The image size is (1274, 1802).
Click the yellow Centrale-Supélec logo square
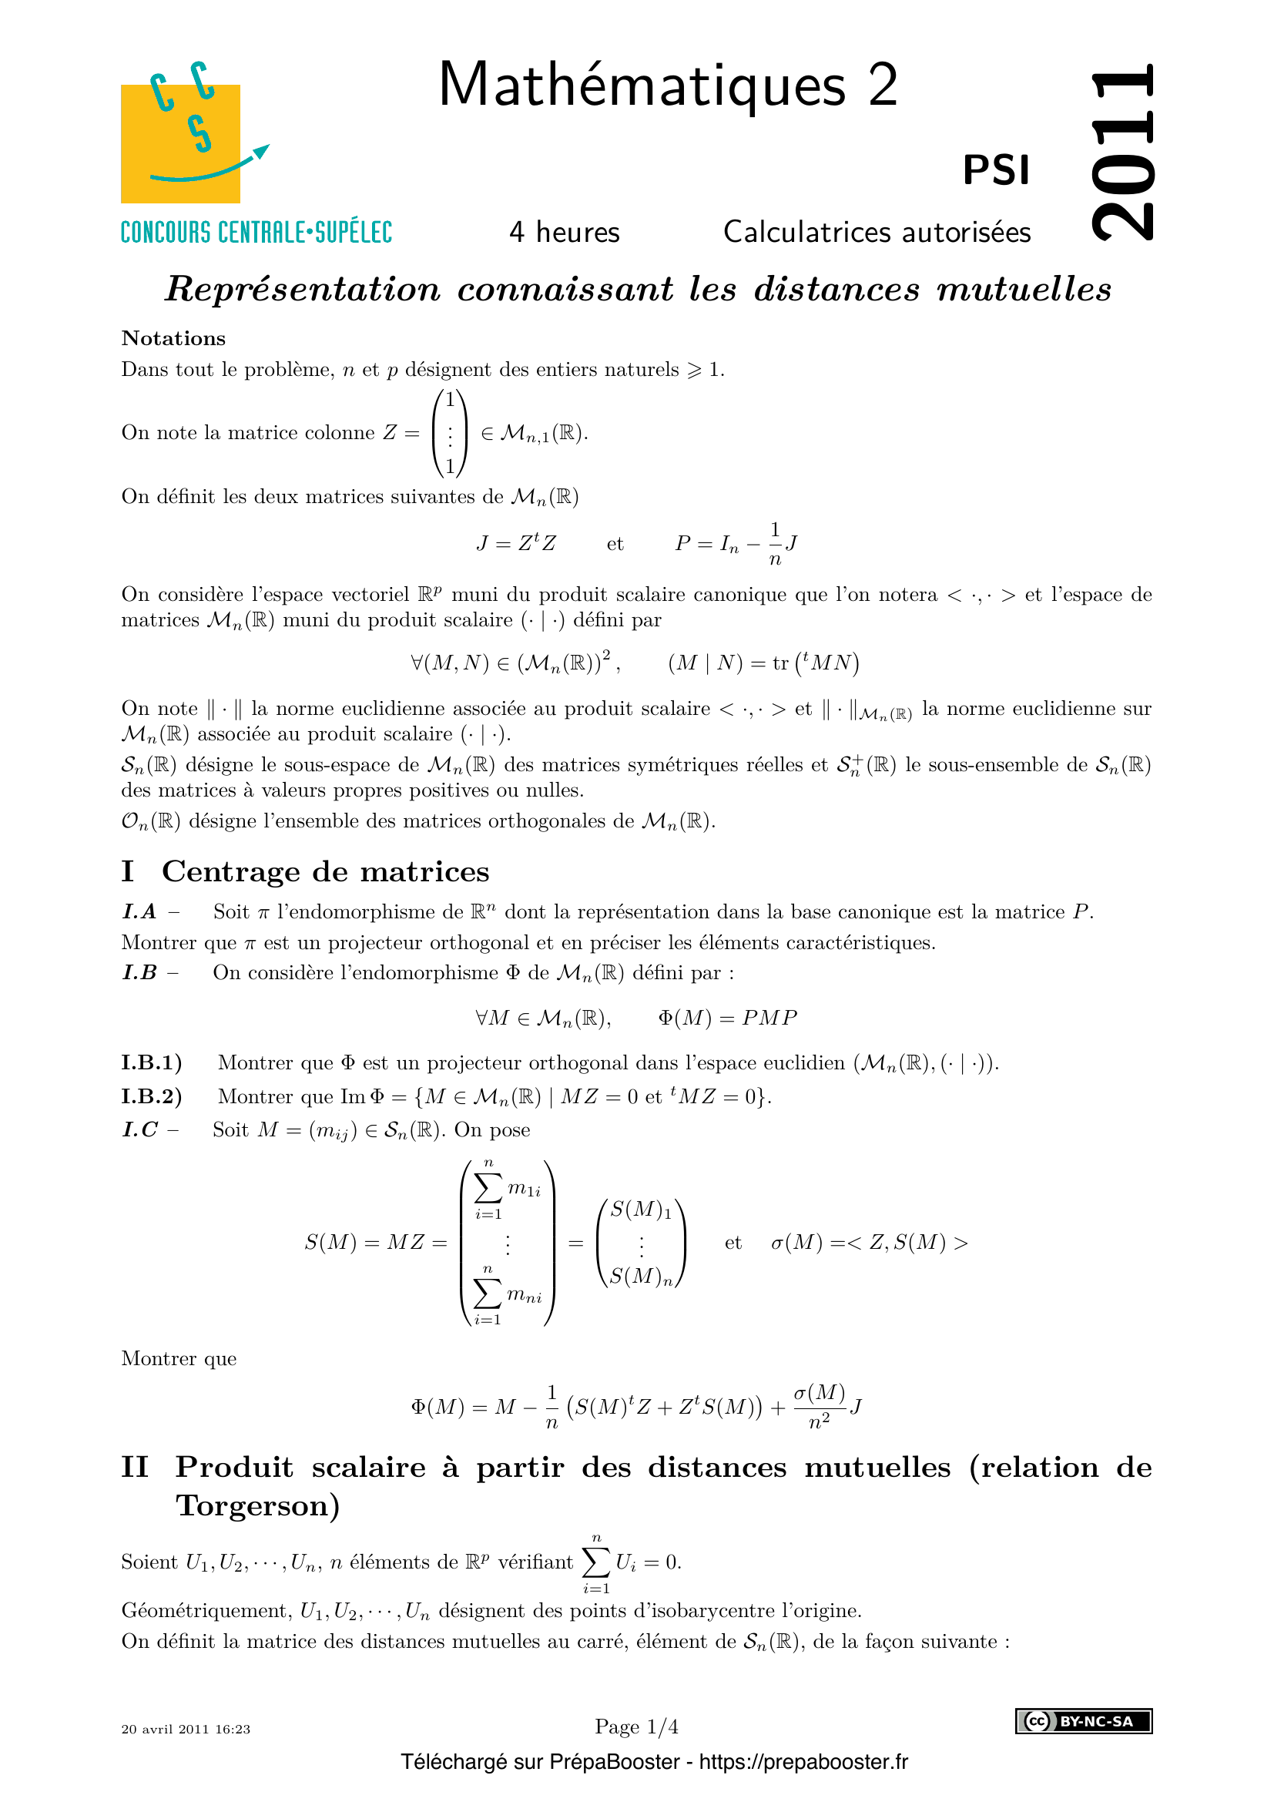pyautogui.click(x=180, y=144)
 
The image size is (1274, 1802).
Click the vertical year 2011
pyautogui.click(x=1122, y=153)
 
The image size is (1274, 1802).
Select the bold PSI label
pyautogui.click(x=995, y=170)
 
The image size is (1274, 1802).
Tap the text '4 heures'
pyautogui.click(x=564, y=233)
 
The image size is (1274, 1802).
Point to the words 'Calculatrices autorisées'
pyautogui.click(x=877, y=233)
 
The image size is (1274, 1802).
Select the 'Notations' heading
pyautogui.click(x=173, y=338)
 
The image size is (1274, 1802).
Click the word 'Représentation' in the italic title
pyautogui.click(x=303, y=289)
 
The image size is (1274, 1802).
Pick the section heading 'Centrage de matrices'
pyautogui.click(x=326, y=872)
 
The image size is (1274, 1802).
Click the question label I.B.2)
pyautogui.click(x=152, y=1096)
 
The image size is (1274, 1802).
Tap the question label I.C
pyautogui.click(x=140, y=1130)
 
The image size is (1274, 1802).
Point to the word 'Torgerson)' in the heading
pyautogui.click(x=258, y=1505)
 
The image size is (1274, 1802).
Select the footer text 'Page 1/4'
pyautogui.click(x=636, y=1726)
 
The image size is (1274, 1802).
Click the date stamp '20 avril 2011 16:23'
pyautogui.click(x=186, y=1729)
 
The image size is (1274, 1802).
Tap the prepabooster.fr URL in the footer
pyautogui.click(x=803, y=1762)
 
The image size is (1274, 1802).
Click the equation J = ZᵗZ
pyautogui.click(x=516, y=543)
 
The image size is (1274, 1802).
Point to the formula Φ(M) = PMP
pyautogui.click(x=727, y=1018)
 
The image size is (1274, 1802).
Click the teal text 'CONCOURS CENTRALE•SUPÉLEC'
pyautogui.click(x=256, y=233)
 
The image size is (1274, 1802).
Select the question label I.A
pyautogui.click(x=139, y=912)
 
